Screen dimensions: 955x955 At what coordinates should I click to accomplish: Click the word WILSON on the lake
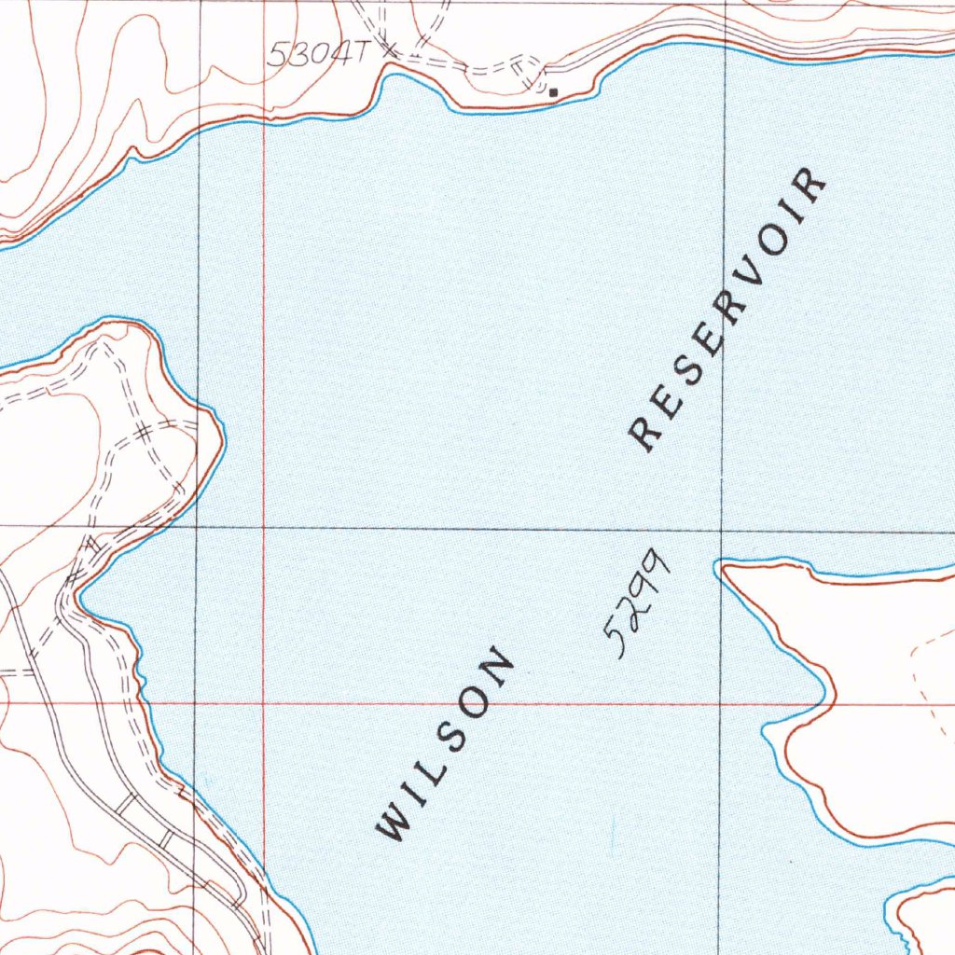[445, 743]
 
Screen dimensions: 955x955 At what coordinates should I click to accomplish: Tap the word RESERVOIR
[728, 308]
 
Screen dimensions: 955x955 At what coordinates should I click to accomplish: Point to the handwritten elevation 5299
[638, 603]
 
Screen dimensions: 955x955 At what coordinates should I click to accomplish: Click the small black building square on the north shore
[554, 92]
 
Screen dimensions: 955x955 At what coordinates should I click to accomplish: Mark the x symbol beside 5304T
[389, 48]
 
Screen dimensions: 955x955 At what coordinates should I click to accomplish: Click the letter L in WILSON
[434, 764]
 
